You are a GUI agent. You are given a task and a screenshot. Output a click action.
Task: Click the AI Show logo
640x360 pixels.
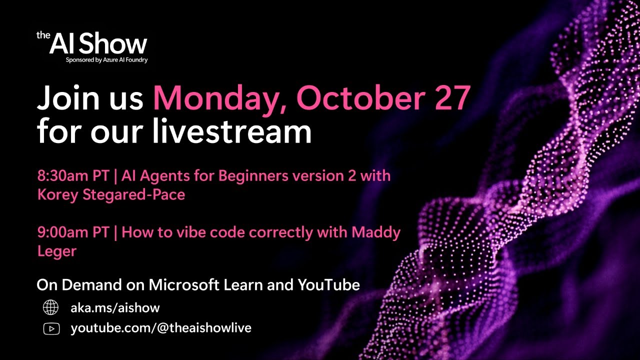pos(92,44)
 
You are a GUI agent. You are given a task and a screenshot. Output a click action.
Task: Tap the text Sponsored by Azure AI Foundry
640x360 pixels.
pos(106,60)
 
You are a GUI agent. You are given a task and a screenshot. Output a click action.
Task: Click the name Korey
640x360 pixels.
pos(56,194)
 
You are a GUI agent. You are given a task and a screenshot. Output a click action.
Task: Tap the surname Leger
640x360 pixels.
pos(56,251)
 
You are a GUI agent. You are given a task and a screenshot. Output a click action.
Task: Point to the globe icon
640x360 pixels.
pos(51,307)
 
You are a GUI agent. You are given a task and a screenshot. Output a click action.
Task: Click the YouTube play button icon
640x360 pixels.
pos(51,328)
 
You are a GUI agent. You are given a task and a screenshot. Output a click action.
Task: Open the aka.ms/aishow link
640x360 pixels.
pos(115,308)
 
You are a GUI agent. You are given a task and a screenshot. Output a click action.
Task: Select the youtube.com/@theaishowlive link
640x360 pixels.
pos(161,328)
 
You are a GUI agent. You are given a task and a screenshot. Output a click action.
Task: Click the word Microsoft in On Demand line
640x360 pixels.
pos(184,285)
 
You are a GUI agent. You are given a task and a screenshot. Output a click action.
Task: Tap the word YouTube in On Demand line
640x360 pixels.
pos(328,285)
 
